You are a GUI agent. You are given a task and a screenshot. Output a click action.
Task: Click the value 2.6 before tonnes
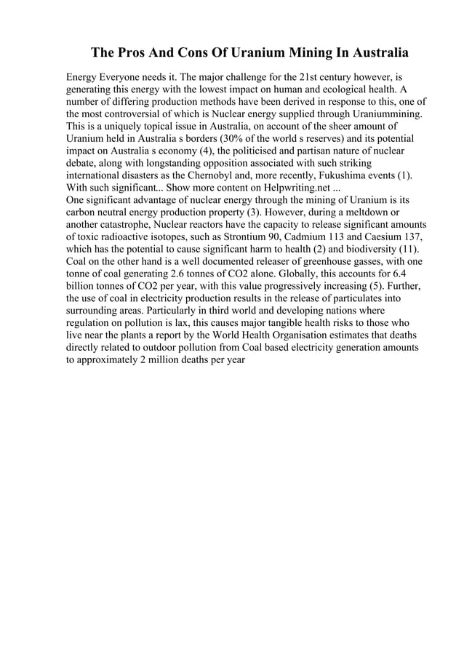(167, 276)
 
